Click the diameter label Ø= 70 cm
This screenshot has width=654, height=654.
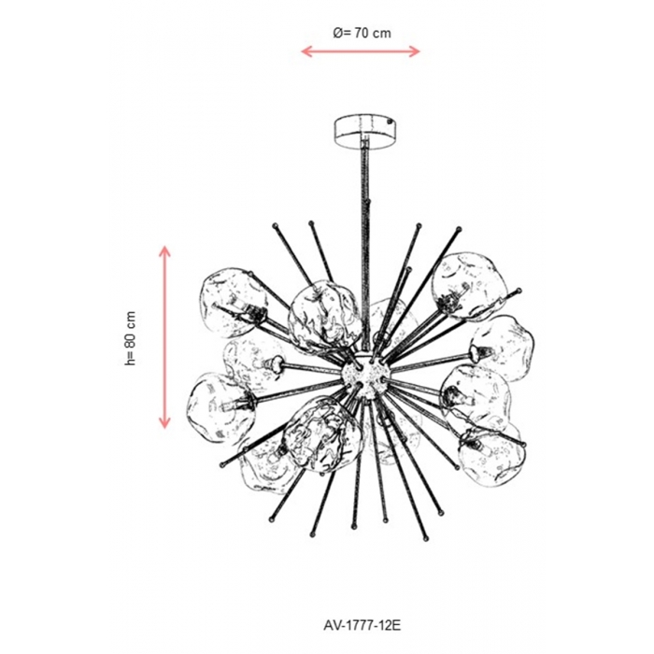pyautogui.click(x=363, y=33)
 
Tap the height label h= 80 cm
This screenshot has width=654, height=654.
pyautogui.click(x=131, y=338)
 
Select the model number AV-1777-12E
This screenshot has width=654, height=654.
pyautogui.click(x=363, y=625)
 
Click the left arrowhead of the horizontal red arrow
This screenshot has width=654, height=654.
pyautogui.click(x=306, y=51)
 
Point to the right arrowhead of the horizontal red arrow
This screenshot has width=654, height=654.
pyautogui.click(x=415, y=51)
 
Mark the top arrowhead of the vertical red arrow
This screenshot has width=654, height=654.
pyautogui.click(x=164, y=250)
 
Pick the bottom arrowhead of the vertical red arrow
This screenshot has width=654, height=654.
pyautogui.click(x=164, y=423)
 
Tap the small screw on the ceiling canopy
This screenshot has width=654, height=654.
pyautogui.click(x=390, y=123)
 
